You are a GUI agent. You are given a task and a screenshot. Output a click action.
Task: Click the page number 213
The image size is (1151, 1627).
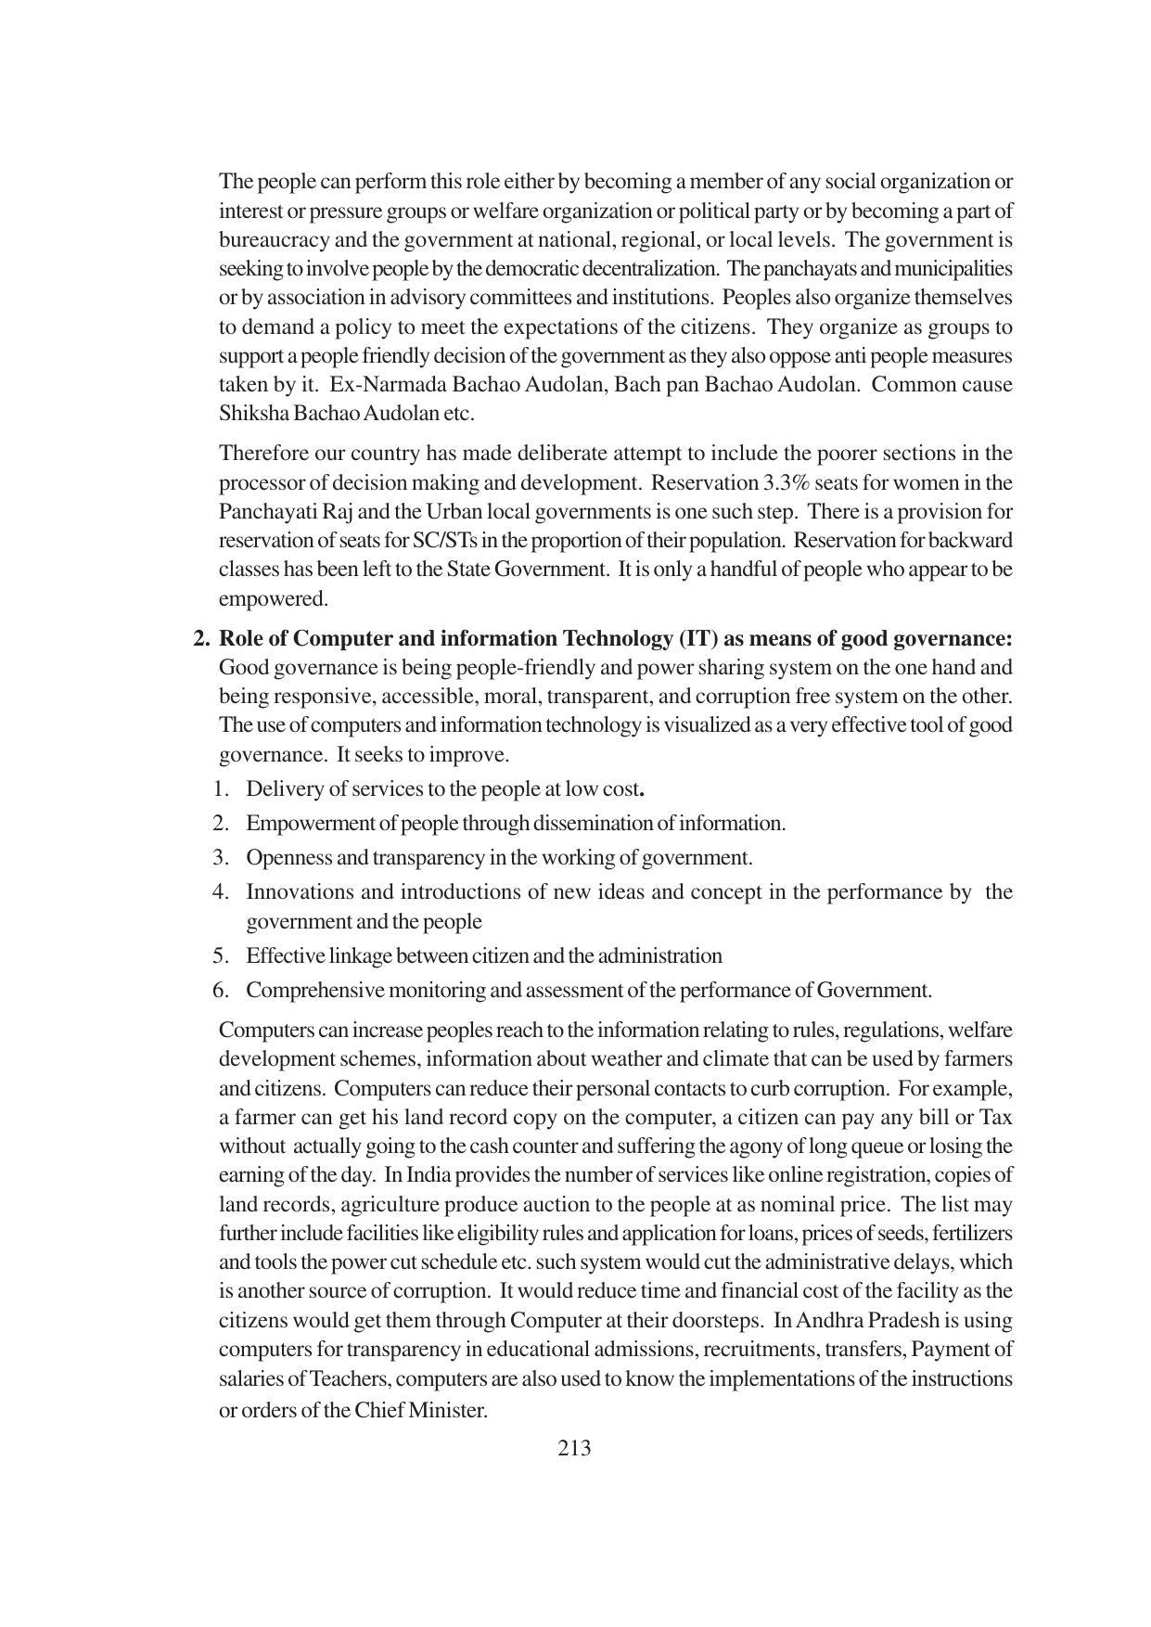(x=574, y=1448)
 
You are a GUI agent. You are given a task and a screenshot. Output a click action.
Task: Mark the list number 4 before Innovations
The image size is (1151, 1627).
(x=220, y=891)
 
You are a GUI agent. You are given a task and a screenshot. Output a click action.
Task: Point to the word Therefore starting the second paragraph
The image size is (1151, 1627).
(x=262, y=453)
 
